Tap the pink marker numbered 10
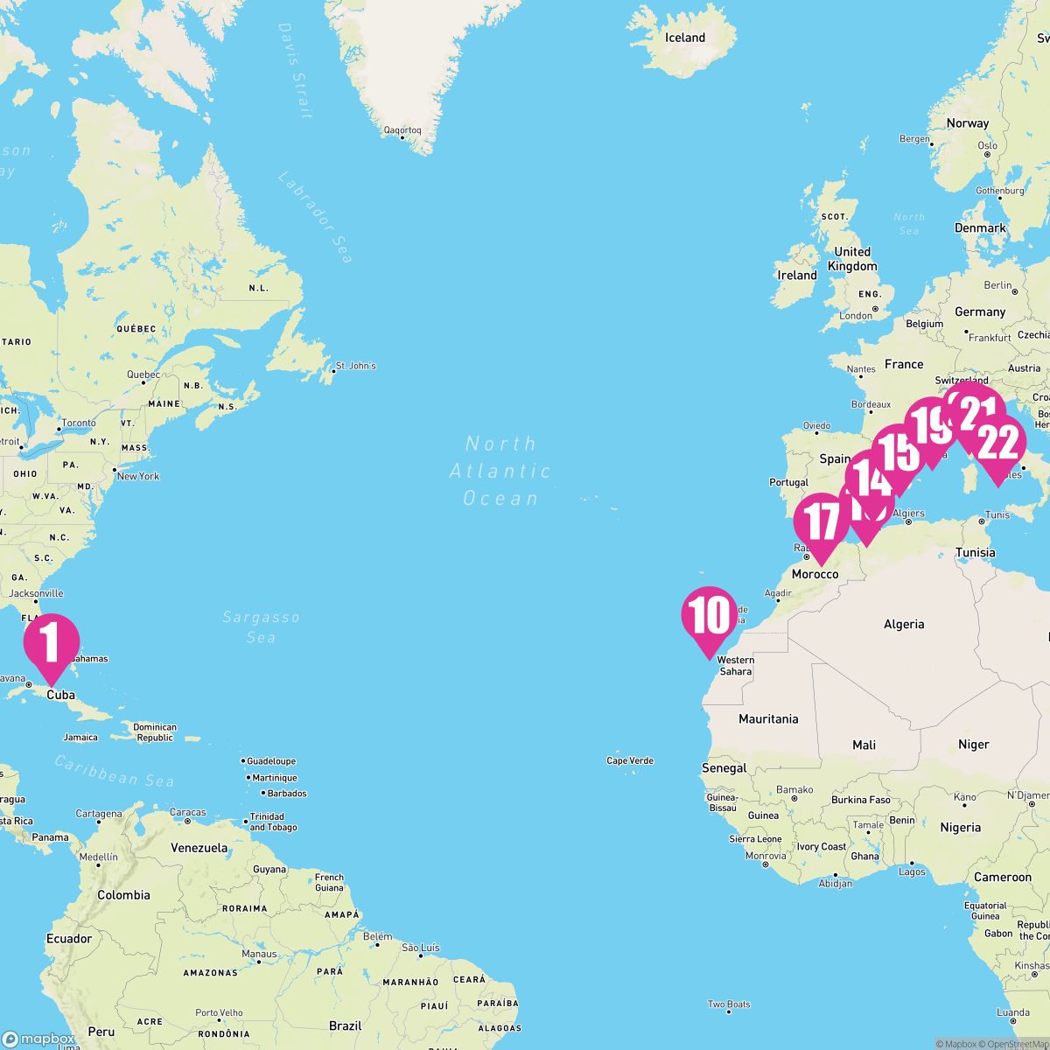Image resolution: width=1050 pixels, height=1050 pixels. pyautogui.click(x=708, y=614)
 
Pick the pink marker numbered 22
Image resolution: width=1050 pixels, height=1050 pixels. pyautogui.click(x=998, y=444)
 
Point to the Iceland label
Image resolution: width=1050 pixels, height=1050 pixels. pyautogui.click(x=685, y=38)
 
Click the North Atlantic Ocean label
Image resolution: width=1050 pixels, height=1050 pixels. pyautogui.click(x=500, y=471)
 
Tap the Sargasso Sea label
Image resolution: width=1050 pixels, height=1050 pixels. pyautogui.click(x=261, y=626)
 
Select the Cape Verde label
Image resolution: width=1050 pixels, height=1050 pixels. pyautogui.click(x=630, y=760)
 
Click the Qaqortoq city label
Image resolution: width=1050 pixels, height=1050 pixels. pyautogui.click(x=402, y=131)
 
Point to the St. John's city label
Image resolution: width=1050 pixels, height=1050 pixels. pyautogui.click(x=355, y=365)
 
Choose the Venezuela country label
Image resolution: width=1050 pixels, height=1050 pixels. pyautogui.click(x=199, y=847)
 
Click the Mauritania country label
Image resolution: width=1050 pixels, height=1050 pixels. pyautogui.click(x=768, y=718)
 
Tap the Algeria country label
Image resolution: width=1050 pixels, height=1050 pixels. pyautogui.click(x=904, y=624)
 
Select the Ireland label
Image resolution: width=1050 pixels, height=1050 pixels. pyautogui.click(x=797, y=275)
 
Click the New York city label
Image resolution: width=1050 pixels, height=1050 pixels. pyautogui.click(x=138, y=476)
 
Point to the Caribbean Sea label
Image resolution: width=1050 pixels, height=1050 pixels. pyautogui.click(x=115, y=770)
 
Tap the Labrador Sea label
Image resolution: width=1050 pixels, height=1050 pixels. pyautogui.click(x=315, y=217)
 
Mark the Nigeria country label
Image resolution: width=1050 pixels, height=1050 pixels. pyautogui.click(x=961, y=827)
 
